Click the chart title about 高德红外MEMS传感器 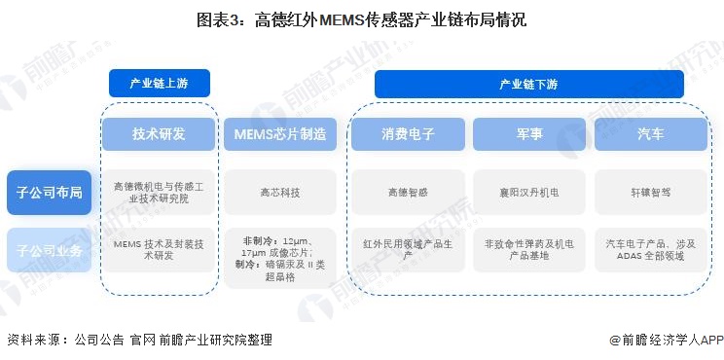(x=361, y=18)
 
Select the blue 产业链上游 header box (x=159, y=83)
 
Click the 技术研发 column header (x=159, y=134)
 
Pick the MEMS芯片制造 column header (x=279, y=134)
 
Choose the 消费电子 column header (x=408, y=134)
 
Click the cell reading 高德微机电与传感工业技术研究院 (x=159, y=192)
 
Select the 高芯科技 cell (x=279, y=192)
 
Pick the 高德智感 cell (x=408, y=192)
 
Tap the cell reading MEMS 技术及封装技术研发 (x=159, y=250)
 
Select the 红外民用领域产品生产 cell (x=408, y=250)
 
